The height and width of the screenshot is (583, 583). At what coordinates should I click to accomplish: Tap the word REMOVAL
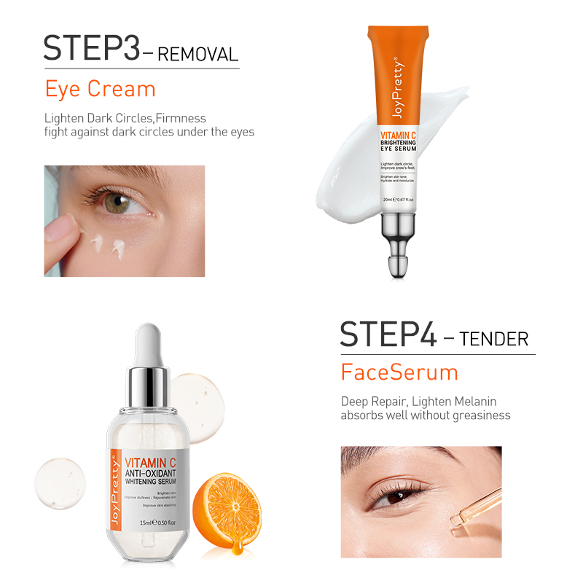click(198, 54)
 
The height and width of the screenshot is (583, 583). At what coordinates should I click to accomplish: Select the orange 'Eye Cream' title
click(100, 89)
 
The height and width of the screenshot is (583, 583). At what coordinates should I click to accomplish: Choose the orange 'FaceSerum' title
click(399, 372)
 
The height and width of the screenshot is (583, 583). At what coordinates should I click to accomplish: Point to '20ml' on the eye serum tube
click(388, 199)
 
